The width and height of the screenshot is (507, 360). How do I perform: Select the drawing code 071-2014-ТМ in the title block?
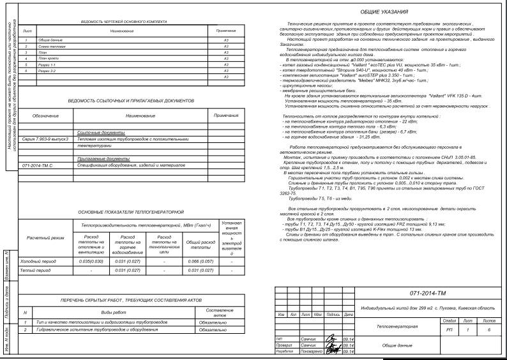coord(428,294)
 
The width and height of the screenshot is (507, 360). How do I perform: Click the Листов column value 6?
coord(488,329)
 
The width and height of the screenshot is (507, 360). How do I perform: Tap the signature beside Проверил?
coord(332,345)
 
